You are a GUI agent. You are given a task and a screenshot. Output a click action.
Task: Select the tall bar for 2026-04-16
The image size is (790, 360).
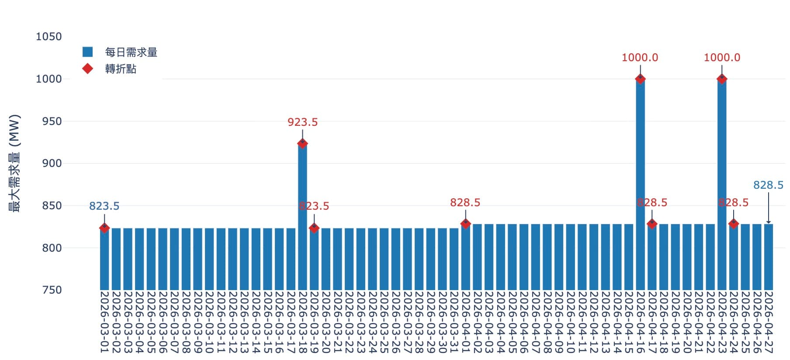pos(640,183)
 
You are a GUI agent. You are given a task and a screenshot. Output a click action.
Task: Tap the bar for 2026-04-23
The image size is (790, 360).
pos(722,183)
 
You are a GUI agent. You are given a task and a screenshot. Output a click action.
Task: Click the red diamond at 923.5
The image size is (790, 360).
pos(302,143)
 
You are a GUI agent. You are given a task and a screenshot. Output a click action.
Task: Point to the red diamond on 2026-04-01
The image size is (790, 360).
pos(465,224)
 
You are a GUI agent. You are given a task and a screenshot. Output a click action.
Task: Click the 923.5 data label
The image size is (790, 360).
pos(302,122)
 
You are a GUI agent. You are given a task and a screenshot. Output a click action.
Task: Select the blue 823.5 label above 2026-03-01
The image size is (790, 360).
pos(104,206)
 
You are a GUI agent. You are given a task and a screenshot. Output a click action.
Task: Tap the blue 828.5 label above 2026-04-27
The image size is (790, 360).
pos(768,185)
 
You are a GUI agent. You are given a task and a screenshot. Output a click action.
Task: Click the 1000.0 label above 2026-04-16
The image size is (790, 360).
pos(640,58)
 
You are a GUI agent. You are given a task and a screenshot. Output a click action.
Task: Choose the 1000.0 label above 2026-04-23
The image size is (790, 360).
pos(722,58)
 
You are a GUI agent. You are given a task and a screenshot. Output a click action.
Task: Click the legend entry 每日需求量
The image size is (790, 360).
pos(131,52)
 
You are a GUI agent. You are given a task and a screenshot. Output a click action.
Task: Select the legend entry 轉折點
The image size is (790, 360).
pos(121,69)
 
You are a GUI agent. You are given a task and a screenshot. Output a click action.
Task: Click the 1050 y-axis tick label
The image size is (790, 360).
pos(49,37)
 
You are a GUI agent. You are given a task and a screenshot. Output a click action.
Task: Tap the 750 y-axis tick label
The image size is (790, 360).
pos(52,290)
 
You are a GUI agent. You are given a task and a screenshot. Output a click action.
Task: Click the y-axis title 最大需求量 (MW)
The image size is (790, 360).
pos(15,163)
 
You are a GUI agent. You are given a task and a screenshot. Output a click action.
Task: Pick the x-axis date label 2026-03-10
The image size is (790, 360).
pos(209,322)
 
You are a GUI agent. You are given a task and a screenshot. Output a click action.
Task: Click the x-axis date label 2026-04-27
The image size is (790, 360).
pos(768,322)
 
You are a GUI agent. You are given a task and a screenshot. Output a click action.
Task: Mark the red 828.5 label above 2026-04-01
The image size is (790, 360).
pos(465,203)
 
